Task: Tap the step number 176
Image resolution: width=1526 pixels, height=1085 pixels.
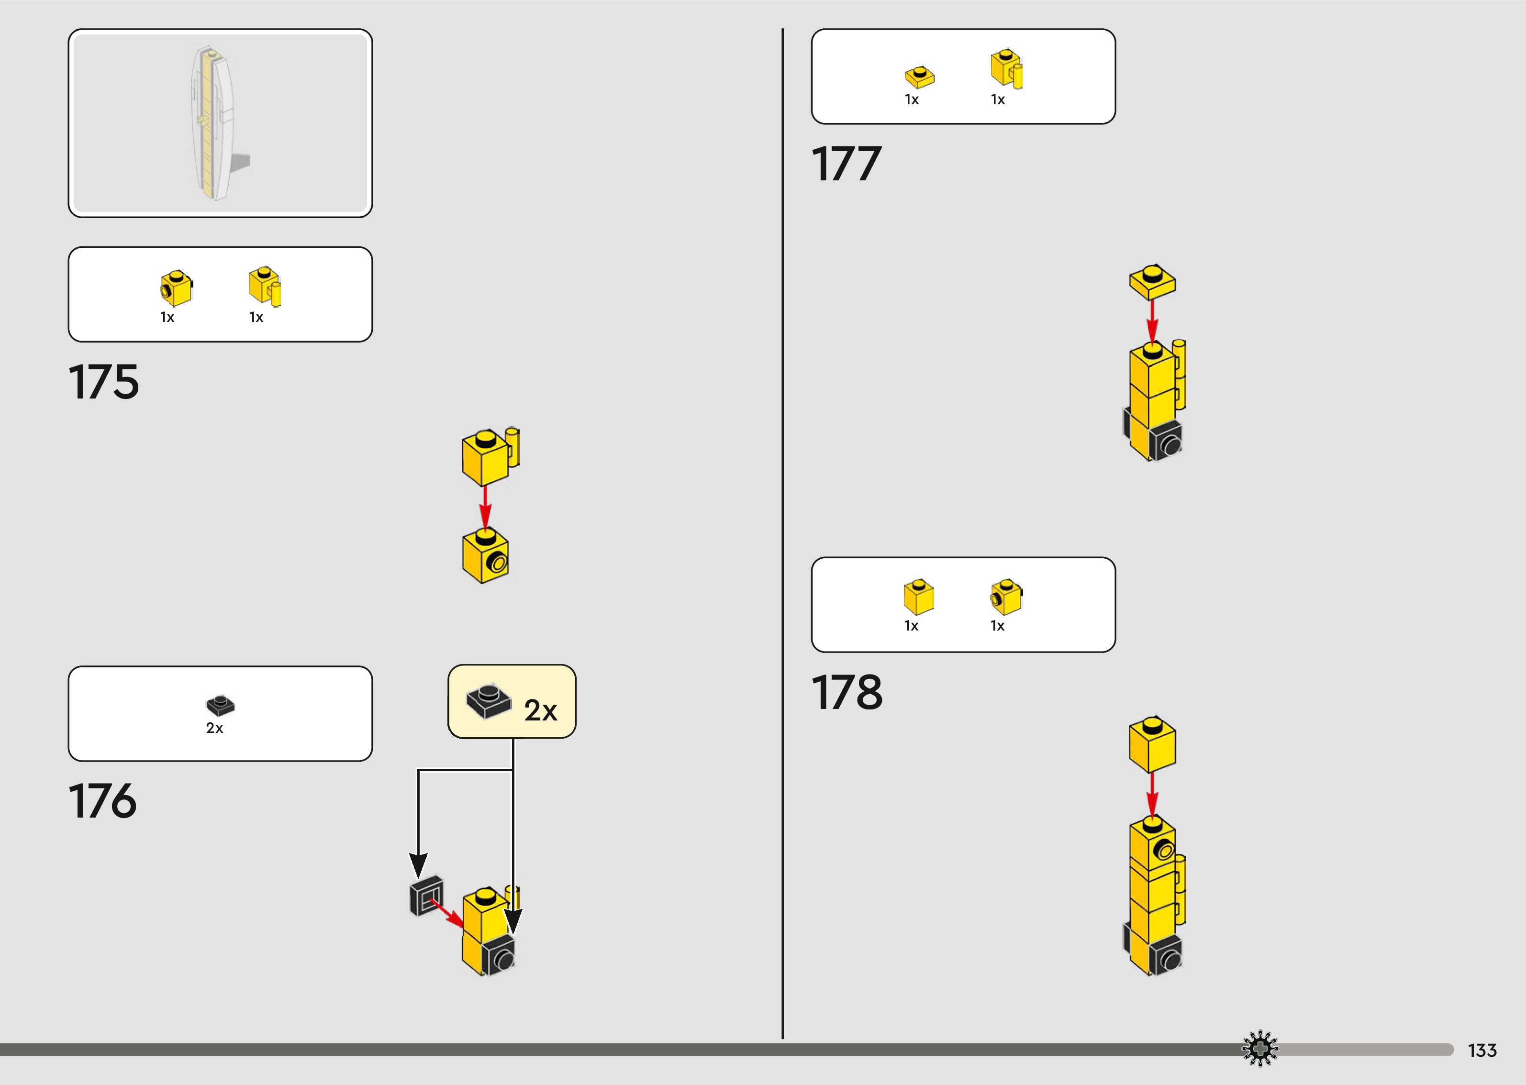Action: [x=102, y=800]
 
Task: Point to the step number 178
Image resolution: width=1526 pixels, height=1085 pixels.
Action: [x=847, y=692]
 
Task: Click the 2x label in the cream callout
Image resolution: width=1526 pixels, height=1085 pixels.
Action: [x=540, y=710]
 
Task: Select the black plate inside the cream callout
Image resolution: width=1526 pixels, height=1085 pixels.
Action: [x=489, y=701]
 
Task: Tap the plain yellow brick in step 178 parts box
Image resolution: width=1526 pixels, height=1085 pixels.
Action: [x=919, y=597]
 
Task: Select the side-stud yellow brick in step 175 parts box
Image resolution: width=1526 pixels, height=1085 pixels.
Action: [x=176, y=288]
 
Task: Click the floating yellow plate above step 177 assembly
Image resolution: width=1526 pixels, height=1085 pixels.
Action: [x=1153, y=281]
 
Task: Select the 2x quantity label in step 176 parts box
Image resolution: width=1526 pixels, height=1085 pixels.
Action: [x=214, y=728]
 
